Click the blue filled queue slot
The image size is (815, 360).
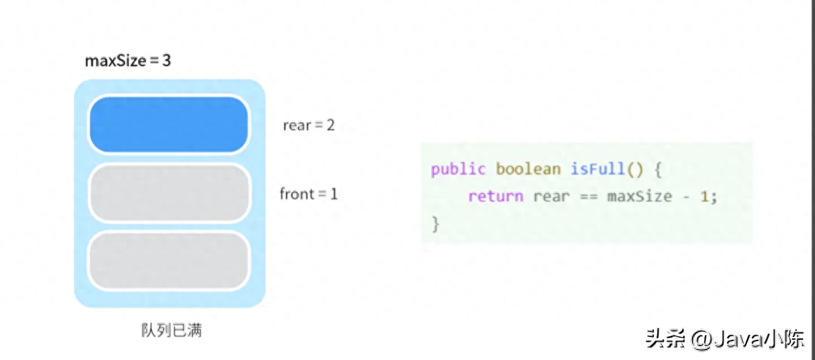169,124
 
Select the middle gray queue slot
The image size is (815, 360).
169,192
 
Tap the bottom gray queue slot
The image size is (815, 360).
169,261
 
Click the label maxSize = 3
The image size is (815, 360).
128,60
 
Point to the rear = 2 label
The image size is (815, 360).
308,125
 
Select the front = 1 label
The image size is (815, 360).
308,194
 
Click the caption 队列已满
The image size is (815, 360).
172,330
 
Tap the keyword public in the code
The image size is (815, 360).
458,170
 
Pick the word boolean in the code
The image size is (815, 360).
528,169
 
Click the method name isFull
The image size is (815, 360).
598,169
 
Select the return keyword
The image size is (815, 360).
496,196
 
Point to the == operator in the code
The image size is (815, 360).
589,197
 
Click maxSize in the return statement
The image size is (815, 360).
640,196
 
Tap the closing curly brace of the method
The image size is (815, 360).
435,224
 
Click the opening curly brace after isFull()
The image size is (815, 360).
658,170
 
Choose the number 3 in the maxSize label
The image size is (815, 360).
166,60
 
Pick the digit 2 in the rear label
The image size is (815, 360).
331,125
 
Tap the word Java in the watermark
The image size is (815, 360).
738,340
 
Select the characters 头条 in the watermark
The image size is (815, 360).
665,338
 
